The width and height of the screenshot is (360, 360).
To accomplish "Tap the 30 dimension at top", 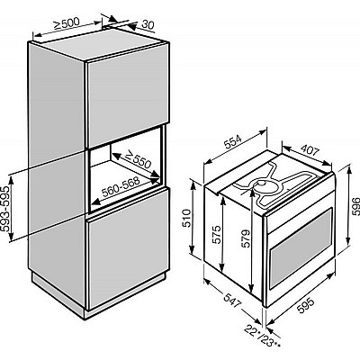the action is tap(148, 24).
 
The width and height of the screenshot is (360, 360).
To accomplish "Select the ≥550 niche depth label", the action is tap(138, 159).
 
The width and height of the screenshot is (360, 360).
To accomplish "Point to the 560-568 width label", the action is tap(121, 186).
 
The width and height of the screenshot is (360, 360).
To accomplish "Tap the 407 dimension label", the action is tap(310, 150).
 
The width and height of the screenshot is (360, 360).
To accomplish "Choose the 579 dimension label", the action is tap(246, 238).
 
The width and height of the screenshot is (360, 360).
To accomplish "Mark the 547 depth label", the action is tap(232, 300).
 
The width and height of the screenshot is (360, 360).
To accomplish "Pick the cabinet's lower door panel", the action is tap(128, 249).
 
